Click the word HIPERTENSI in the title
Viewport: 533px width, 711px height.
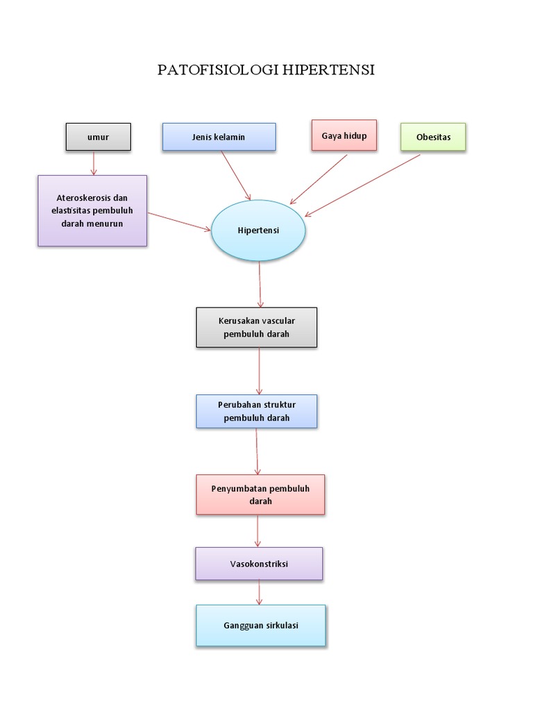(x=328, y=71)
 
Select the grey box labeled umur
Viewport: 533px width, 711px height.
(x=98, y=137)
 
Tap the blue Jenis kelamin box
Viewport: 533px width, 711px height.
(x=219, y=137)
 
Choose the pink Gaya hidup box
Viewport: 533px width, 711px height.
(x=344, y=135)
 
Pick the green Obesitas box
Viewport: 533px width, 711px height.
(x=433, y=137)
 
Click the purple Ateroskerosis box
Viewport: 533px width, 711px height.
(x=92, y=210)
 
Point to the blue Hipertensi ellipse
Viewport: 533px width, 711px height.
(x=257, y=231)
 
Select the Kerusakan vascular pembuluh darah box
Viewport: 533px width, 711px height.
(x=257, y=327)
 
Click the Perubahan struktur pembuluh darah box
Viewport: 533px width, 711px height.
(x=257, y=411)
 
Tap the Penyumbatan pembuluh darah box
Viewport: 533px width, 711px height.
(x=260, y=494)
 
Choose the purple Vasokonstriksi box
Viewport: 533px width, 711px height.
(x=259, y=564)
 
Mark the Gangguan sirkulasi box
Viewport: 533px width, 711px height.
(x=260, y=626)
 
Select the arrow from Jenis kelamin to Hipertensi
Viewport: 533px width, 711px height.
(x=236, y=176)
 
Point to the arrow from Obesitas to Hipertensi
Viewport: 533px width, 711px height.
(x=362, y=185)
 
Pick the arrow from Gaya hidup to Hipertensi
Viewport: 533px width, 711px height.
(x=319, y=179)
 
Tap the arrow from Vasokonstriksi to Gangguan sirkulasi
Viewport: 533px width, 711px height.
(x=260, y=592)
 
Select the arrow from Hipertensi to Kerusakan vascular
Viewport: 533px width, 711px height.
(x=260, y=284)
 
